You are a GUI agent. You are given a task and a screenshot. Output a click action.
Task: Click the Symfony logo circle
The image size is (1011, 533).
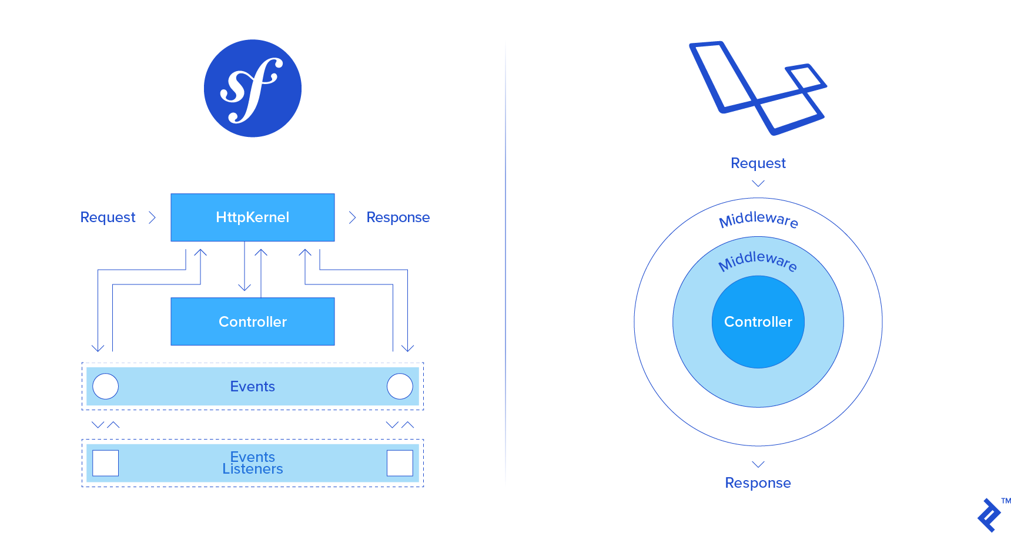pyautogui.click(x=253, y=88)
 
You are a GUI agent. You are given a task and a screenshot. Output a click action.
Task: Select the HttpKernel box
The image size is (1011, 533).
pyautogui.click(x=253, y=217)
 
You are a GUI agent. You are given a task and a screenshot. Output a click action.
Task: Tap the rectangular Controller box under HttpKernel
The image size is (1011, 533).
pyautogui.click(x=253, y=321)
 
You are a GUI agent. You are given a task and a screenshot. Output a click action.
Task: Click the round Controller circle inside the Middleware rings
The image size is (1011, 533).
pyautogui.click(x=758, y=322)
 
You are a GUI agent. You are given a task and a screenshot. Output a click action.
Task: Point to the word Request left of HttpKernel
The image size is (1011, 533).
pyautogui.click(x=108, y=217)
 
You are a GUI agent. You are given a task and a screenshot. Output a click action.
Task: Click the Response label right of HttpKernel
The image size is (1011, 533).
pyautogui.click(x=398, y=217)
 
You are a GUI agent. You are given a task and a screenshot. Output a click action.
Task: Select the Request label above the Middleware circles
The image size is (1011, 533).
pyautogui.click(x=758, y=163)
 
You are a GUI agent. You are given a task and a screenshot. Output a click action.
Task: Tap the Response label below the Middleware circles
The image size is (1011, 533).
pyautogui.click(x=758, y=483)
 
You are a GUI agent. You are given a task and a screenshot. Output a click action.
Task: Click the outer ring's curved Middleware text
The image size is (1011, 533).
pyautogui.click(x=758, y=219)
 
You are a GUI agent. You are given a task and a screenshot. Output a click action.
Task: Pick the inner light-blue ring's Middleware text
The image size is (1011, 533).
pyautogui.click(x=758, y=260)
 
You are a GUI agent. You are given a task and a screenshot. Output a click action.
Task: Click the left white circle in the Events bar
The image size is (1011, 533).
pyautogui.click(x=106, y=387)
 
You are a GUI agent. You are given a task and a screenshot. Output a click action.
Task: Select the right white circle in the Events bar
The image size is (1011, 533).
pyautogui.click(x=400, y=387)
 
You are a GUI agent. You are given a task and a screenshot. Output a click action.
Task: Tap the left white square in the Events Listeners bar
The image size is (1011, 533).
pyautogui.click(x=106, y=463)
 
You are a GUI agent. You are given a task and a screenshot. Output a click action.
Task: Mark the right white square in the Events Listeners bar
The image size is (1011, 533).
pyautogui.click(x=400, y=463)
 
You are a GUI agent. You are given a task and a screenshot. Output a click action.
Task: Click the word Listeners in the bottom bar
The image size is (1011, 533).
pyautogui.click(x=253, y=470)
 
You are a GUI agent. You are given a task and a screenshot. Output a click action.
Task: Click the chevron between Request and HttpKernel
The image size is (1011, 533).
pyautogui.click(x=152, y=217)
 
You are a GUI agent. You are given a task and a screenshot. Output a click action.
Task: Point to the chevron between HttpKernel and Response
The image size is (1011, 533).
pyautogui.click(x=352, y=217)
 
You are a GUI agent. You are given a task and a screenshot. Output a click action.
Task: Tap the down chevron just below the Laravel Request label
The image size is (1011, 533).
pyautogui.click(x=758, y=183)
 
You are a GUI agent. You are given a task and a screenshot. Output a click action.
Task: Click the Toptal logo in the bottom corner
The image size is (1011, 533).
pyautogui.click(x=990, y=515)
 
